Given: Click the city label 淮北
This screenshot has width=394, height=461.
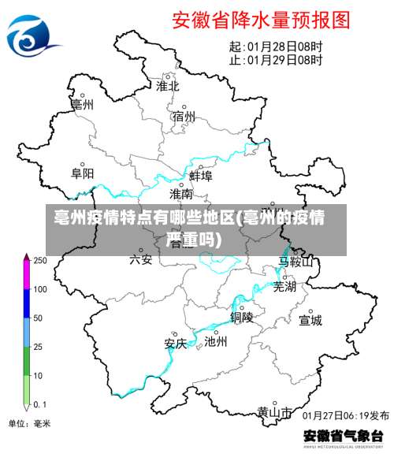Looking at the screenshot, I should [168, 85].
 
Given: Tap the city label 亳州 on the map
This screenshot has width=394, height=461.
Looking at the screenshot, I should [82, 103].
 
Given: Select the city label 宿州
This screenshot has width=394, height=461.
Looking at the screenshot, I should [184, 117].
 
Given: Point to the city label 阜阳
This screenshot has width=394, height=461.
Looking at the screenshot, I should [82, 173].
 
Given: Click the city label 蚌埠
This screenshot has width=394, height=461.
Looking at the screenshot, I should [201, 176].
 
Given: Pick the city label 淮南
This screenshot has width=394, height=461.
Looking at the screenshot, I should [181, 193].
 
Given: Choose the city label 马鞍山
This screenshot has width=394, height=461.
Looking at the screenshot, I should [295, 261].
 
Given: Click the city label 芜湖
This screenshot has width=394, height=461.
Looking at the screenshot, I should [284, 287].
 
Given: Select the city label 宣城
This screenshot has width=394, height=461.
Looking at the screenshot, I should [310, 320].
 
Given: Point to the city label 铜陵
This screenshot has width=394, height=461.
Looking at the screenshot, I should [242, 317].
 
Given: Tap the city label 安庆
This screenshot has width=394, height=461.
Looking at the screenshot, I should [175, 344].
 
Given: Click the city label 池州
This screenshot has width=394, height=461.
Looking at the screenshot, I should [215, 342].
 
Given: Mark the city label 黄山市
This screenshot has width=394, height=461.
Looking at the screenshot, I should [274, 412].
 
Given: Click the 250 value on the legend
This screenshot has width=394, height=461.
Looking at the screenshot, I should [39, 260].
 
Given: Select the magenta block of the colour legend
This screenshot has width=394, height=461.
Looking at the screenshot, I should [27, 275].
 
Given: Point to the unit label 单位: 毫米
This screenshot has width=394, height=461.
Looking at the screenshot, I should [29, 423].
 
